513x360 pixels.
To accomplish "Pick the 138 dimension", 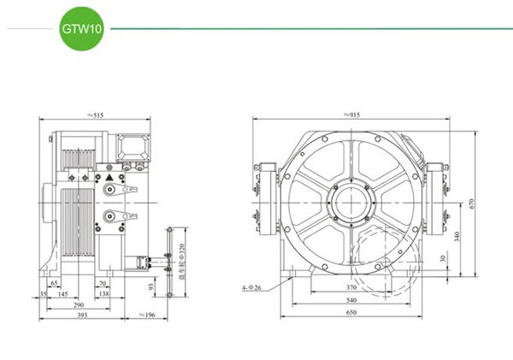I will click(x=105, y=293).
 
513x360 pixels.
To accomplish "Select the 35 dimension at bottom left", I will click(x=43, y=293).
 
